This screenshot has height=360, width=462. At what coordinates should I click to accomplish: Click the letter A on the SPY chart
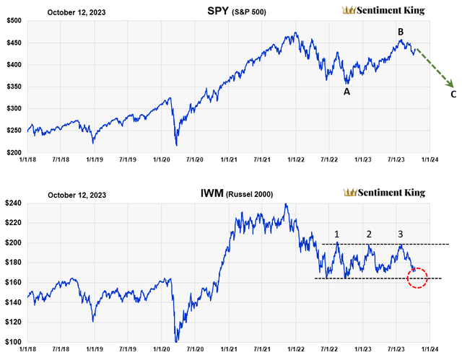click(346, 92)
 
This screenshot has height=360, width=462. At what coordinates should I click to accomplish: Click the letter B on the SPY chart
click(400, 31)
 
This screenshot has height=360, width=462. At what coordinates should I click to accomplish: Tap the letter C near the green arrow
click(453, 94)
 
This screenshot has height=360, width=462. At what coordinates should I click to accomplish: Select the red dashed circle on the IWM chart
click(417, 278)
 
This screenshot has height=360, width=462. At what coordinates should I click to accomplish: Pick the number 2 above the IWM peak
click(369, 234)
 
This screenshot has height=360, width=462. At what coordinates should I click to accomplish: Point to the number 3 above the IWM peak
click(401, 234)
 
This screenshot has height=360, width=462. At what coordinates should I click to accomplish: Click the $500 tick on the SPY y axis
click(12, 20)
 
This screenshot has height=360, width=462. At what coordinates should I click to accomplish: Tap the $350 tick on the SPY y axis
click(12, 87)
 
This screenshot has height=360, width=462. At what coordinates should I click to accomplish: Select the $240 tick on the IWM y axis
click(12, 203)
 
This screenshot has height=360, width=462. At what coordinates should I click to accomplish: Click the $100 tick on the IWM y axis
click(12, 342)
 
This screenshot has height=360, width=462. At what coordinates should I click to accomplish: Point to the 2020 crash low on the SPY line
click(176, 144)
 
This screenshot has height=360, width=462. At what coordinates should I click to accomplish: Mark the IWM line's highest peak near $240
click(287, 204)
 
